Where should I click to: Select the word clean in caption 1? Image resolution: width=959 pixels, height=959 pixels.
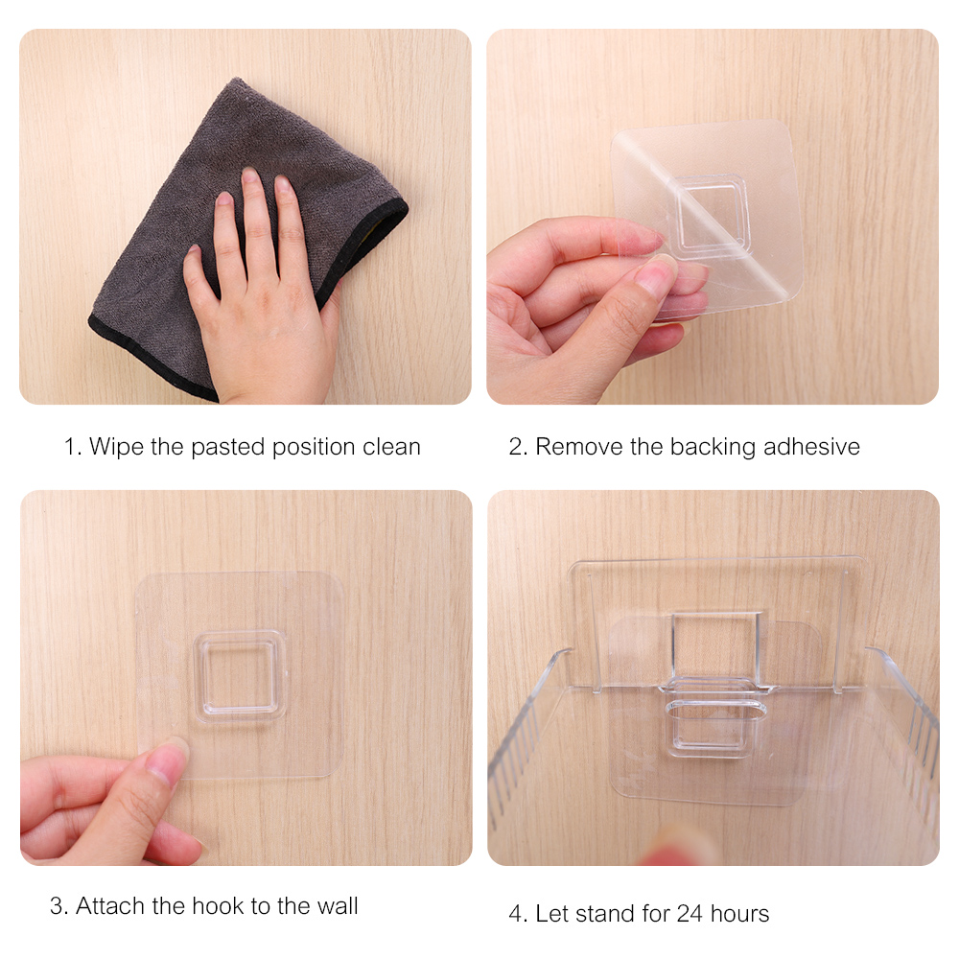click(x=391, y=447)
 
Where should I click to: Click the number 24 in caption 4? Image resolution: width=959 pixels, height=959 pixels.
click(x=690, y=914)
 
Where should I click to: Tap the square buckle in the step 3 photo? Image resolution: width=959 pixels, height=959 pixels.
click(x=240, y=675)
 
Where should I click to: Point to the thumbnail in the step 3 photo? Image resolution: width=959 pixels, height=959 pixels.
click(x=166, y=761)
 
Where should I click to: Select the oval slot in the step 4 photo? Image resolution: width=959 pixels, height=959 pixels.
click(x=715, y=712)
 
